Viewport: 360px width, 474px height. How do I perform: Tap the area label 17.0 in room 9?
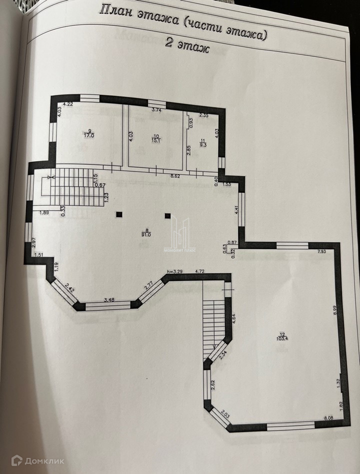coord(89,135)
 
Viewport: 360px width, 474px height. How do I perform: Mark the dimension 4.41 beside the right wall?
coord(237,210)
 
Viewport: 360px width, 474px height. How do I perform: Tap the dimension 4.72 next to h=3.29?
coord(200,271)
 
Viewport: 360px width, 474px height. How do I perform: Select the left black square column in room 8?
coord(119,215)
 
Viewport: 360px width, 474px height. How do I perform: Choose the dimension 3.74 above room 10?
coord(156,109)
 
